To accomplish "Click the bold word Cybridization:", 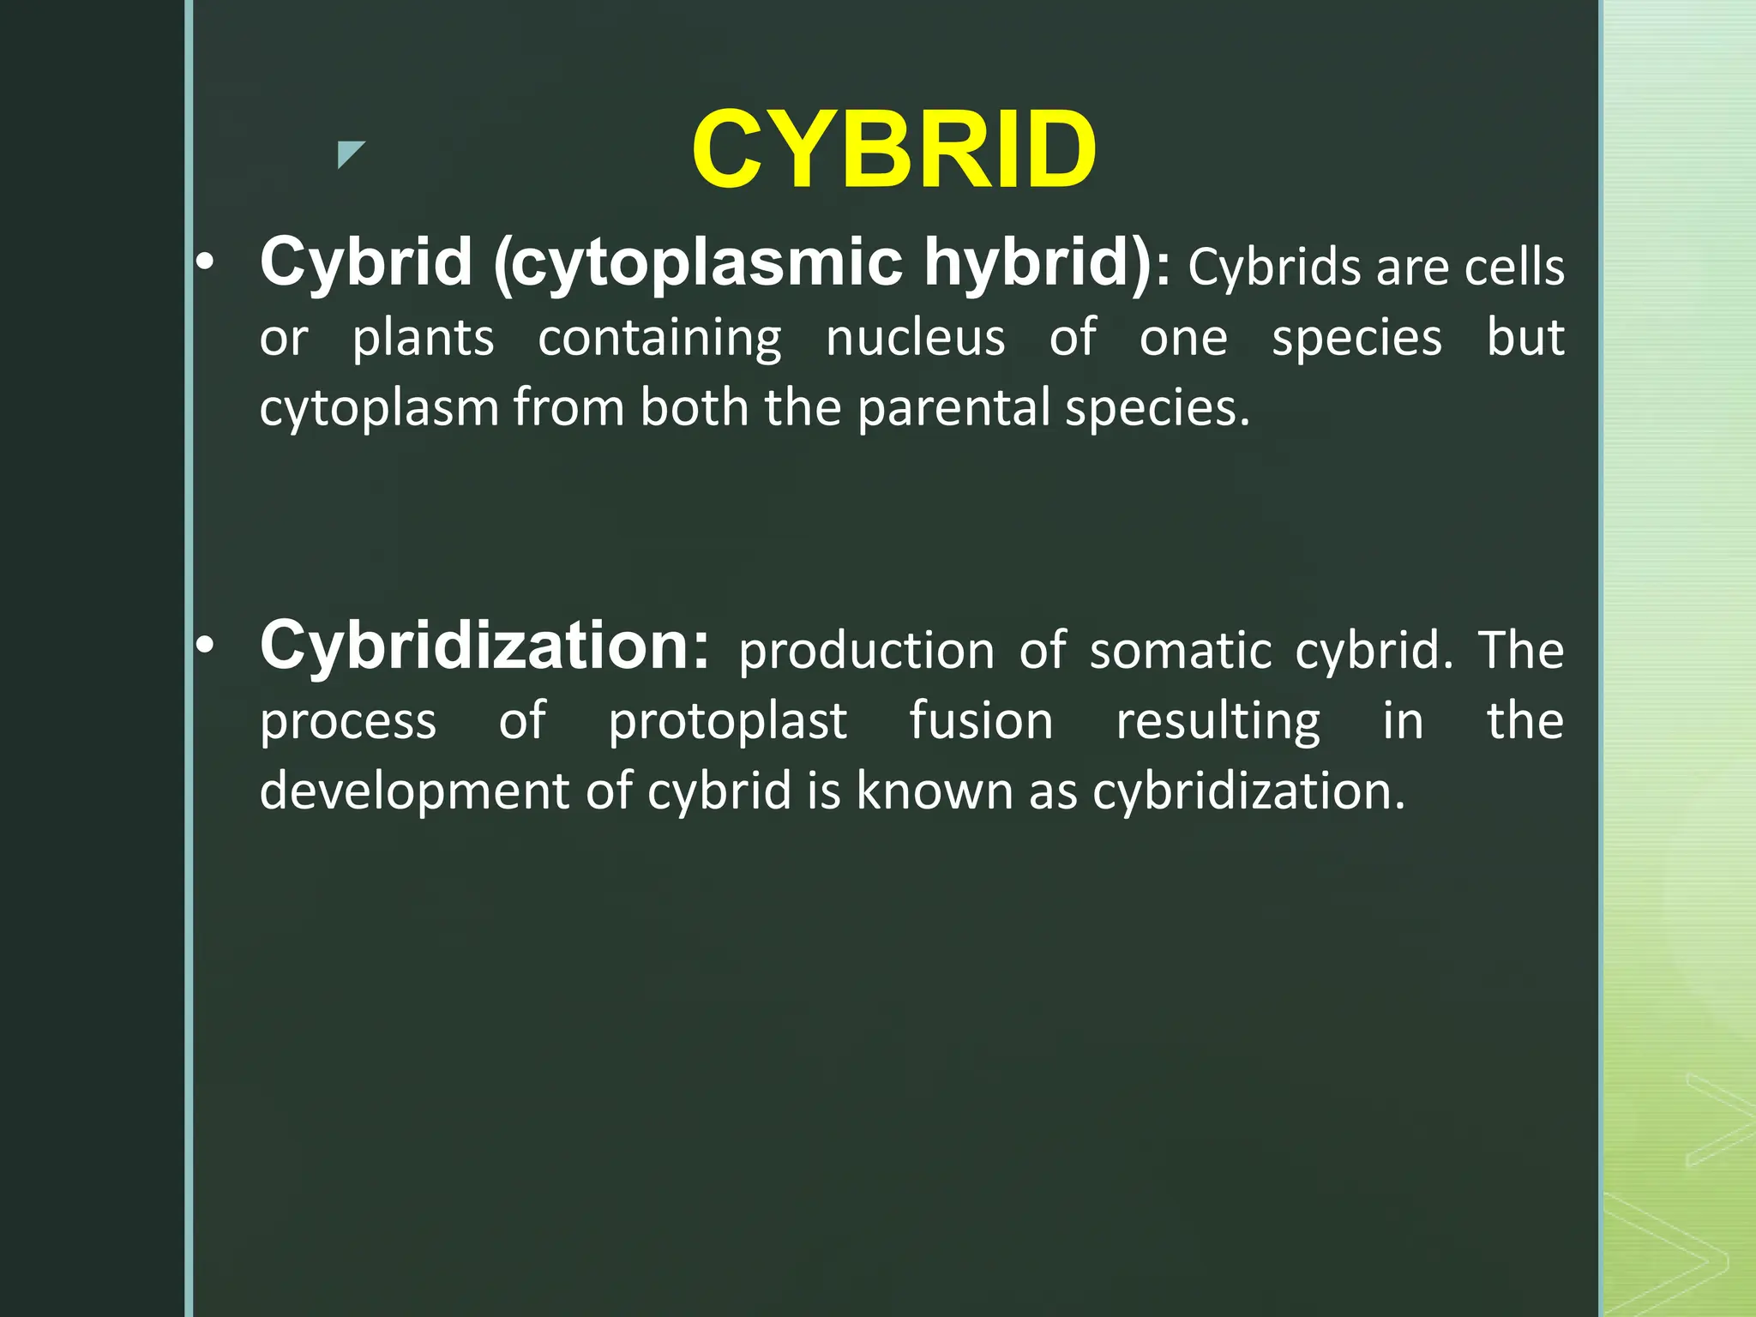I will pos(484,646).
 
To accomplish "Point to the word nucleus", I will pos(915,337).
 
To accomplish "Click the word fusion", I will pos(981,720).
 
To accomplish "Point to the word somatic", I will pos(1181,651).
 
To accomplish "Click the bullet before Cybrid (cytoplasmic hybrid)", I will pos(204,263).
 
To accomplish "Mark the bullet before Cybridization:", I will pos(204,646).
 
